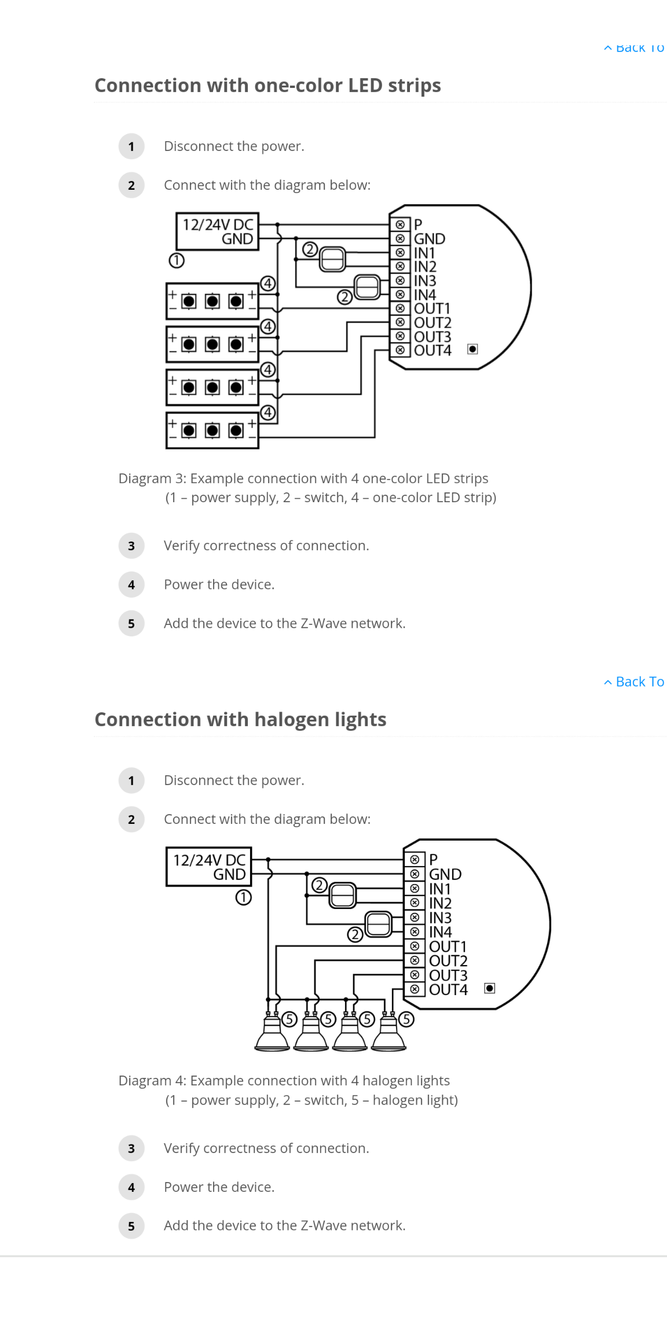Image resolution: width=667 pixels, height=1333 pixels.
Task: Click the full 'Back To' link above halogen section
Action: click(634, 682)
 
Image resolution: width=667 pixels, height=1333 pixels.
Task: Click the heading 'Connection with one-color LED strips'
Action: click(267, 86)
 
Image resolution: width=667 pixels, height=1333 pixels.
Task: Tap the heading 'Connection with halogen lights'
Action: click(240, 720)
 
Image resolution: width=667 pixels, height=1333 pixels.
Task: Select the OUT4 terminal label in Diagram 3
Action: click(433, 351)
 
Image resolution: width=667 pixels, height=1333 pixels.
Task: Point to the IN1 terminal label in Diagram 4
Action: click(439, 889)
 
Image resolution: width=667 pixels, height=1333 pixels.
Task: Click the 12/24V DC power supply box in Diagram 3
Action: click(217, 231)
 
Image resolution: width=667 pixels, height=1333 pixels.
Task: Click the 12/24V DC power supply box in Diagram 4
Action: click(209, 867)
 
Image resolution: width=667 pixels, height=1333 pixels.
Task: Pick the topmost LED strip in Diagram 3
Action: click(212, 301)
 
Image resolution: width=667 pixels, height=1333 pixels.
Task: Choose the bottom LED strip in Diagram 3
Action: click(212, 430)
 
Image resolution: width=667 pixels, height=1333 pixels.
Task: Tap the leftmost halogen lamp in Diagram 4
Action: click(272, 1035)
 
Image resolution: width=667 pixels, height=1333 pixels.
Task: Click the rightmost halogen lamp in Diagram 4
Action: click(389, 1035)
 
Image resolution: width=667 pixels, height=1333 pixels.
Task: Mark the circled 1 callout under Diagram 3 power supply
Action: click(177, 261)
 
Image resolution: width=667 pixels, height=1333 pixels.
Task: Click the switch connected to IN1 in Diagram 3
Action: click(332, 259)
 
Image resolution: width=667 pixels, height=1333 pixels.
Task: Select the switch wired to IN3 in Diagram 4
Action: click(379, 924)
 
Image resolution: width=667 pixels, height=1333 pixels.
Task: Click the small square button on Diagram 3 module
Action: click(472, 349)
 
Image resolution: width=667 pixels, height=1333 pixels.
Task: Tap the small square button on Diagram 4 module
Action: click(489, 988)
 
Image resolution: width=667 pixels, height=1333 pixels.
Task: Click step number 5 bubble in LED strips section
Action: click(131, 624)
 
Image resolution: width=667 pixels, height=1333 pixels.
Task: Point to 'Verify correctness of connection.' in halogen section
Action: click(266, 1148)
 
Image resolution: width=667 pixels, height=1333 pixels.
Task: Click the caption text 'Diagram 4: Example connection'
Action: click(284, 1081)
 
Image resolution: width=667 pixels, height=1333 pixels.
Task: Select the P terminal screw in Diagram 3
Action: click(400, 224)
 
